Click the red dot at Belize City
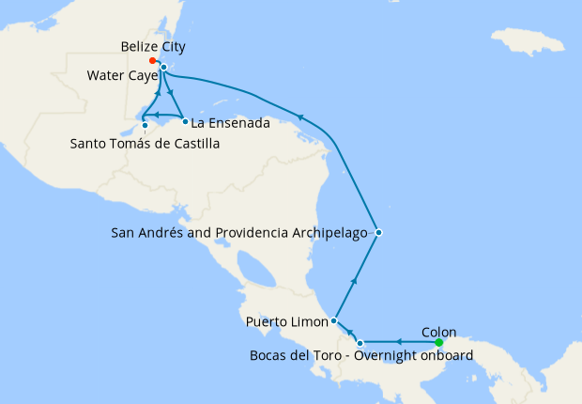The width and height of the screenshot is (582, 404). (x=152, y=60)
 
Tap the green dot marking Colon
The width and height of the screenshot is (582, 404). (x=439, y=342)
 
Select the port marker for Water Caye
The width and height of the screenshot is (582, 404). (x=163, y=68)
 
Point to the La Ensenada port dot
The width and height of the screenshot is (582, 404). (x=185, y=122)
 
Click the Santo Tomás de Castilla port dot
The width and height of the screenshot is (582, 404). (x=144, y=125)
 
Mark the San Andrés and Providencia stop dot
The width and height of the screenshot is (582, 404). (x=377, y=232)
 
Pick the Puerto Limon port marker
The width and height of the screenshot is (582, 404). (x=334, y=321)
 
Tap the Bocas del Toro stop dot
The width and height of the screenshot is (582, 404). (x=360, y=342)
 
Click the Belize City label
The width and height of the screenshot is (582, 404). (x=153, y=46)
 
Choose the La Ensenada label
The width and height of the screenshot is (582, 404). (x=230, y=123)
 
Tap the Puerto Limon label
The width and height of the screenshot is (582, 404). (x=285, y=322)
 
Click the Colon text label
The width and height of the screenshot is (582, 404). (x=439, y=331)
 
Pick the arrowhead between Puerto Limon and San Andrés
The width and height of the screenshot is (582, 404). (x=354, y=279)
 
